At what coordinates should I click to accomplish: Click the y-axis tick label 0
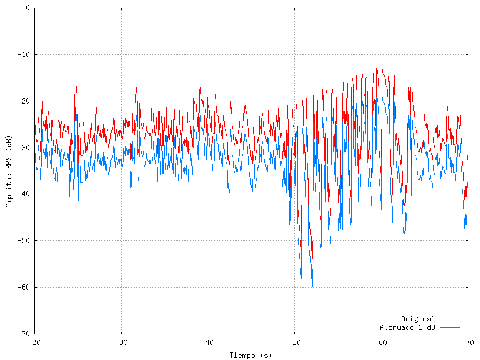pos(28,8)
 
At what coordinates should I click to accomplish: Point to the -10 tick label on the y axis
pos(24,55)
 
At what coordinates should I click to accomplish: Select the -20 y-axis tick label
pos(24,101)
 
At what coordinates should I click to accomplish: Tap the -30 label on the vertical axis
pos(24,148)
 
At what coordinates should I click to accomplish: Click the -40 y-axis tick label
pos(24,194)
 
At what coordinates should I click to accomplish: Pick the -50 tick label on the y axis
pos(24,240)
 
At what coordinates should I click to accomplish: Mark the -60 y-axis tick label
pos(24,287)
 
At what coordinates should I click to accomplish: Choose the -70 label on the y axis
pos(24,334)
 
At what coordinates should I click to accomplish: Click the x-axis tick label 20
pos(36,342)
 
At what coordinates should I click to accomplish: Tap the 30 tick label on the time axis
pos(122,342)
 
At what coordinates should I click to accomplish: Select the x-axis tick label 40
pos(209,342)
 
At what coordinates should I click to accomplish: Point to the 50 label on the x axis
pos(295,342)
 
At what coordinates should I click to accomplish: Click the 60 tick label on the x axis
pos(381,342)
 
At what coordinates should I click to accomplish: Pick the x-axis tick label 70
pos(468,342)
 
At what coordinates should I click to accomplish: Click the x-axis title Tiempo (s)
pos(250,355)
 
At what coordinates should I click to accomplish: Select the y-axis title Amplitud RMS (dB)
pos(9,171)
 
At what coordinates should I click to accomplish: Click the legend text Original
pos(418,319)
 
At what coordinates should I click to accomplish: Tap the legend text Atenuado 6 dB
pos(407,327)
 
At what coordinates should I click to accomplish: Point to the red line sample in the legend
pos(449,319)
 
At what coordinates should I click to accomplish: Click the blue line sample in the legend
pos(449,327)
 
